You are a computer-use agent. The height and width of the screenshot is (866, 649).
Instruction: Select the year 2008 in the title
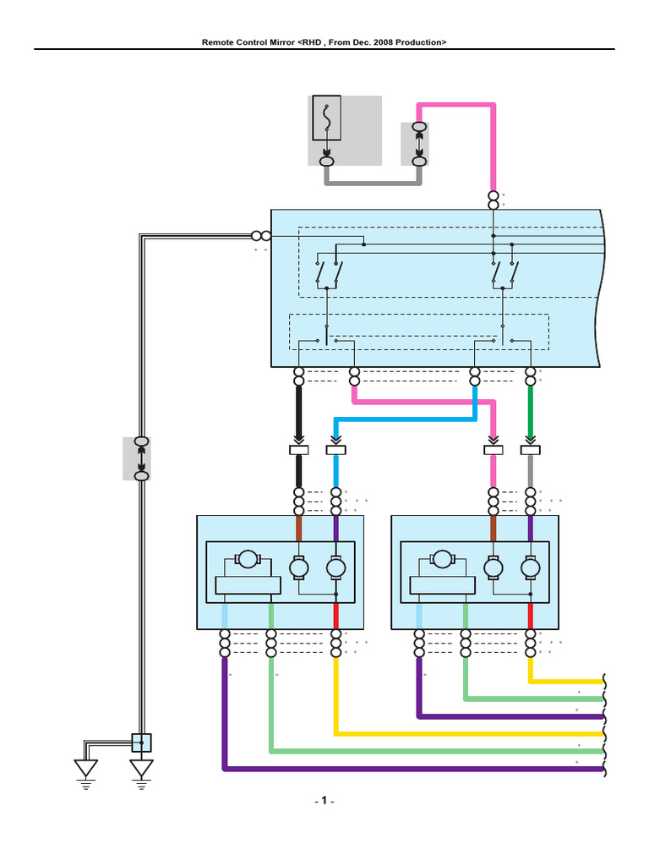click(x=383, y=42)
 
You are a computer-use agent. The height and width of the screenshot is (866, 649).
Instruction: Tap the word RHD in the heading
click(x=312, y=42)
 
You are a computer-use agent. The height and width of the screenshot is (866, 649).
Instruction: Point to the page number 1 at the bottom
click(x=324, y=800)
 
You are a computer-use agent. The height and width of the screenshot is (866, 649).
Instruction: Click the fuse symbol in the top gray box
click(x=327, y=118)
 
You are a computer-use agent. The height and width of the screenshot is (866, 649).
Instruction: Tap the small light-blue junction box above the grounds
click(x=141, y=743)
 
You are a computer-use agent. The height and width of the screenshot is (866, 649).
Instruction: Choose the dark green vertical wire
click(x=531, y=411)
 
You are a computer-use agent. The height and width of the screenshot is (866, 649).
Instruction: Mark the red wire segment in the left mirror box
click(x=336, y=617)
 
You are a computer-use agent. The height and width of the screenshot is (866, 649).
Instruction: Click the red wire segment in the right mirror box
click(x=531, y=617)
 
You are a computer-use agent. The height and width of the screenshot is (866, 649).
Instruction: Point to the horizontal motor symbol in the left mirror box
click(x=248, y=559)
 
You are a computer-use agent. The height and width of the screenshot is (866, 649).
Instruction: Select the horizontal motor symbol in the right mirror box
click(x=441, y=559)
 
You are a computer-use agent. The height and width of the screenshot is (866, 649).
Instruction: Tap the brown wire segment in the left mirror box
click(x=299, y=529)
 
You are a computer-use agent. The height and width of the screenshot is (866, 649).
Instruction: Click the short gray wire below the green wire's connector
click(x=531, y=471)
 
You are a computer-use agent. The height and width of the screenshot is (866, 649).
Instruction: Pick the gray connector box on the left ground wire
click(x=137, y=458)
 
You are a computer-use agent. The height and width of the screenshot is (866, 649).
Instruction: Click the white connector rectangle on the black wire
click(x=299, y=450)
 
